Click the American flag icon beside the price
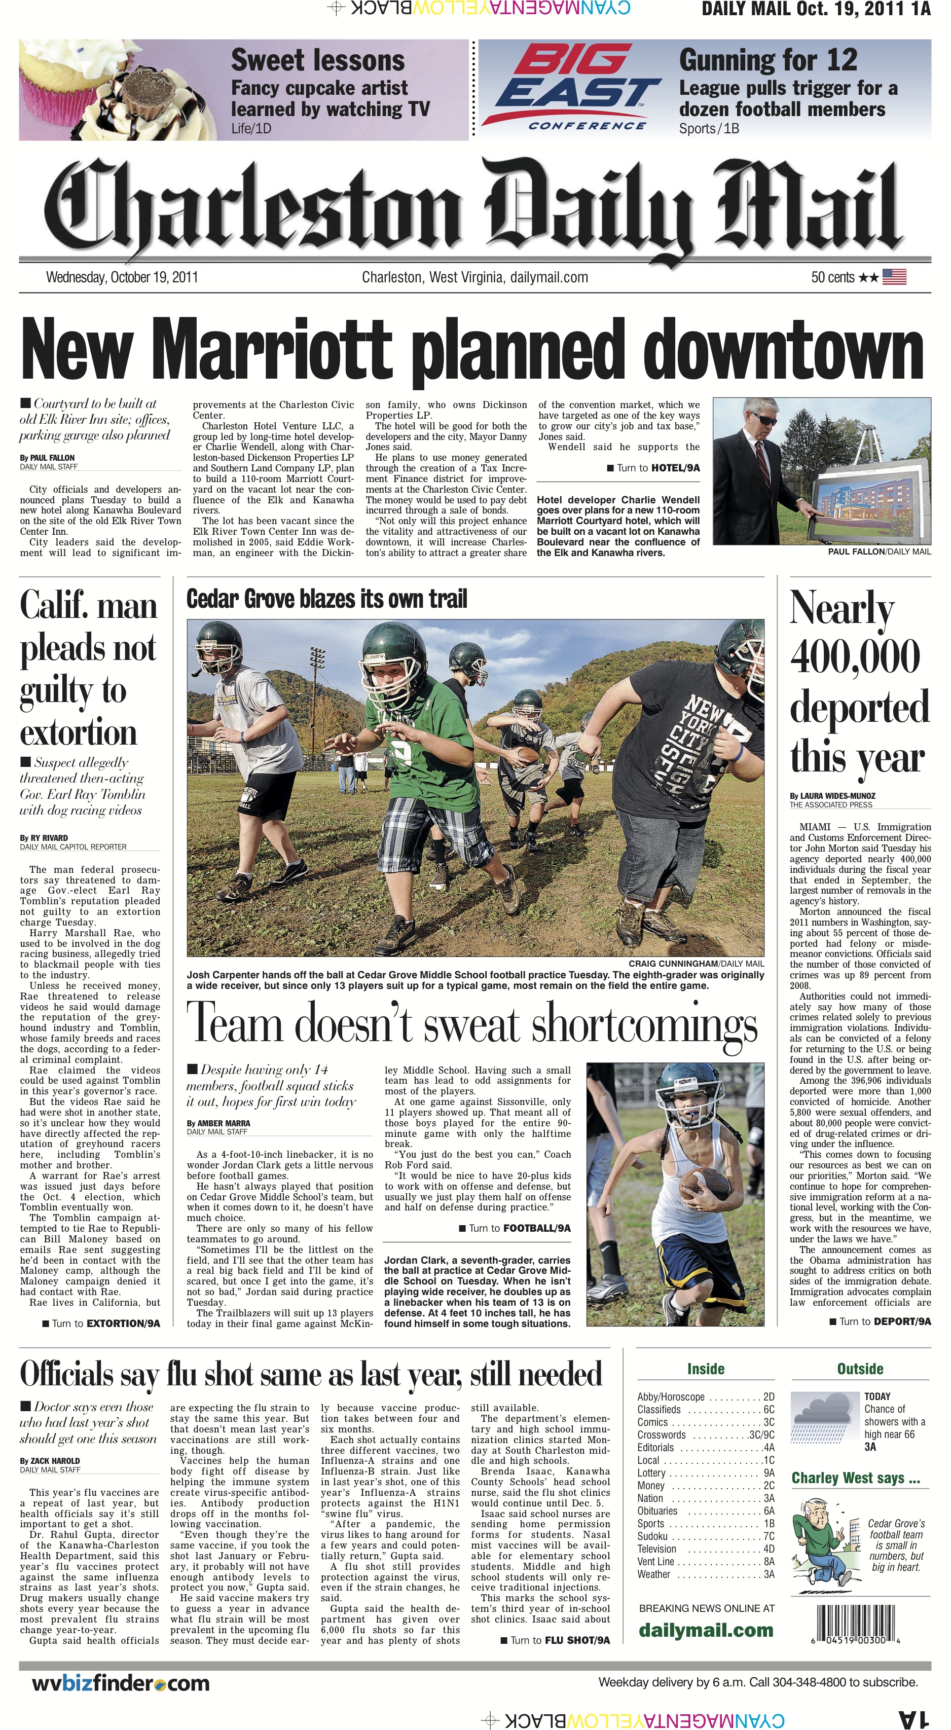coord(894,277)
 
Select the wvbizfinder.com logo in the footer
coord(121,1683)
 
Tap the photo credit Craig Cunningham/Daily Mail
coord(696,963)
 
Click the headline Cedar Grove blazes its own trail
coord(326,599)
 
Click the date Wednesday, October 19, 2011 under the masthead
coord(122,277)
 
